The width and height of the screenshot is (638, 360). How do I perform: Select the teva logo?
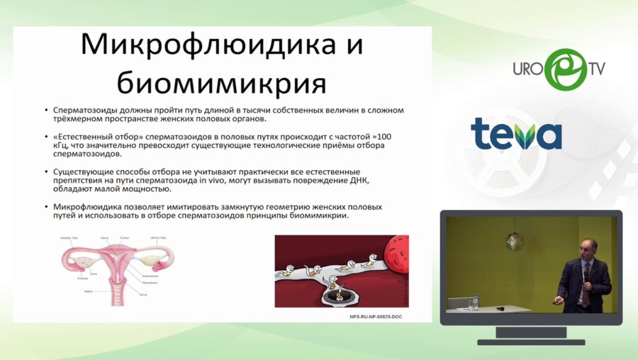(516, 134)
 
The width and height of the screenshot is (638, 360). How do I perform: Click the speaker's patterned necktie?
(586, 288)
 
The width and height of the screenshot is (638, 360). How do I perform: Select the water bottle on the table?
(475, 303)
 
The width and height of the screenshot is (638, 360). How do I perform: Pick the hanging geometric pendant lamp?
(515, 241)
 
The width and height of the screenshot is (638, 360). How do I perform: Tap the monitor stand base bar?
(530, 342)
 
